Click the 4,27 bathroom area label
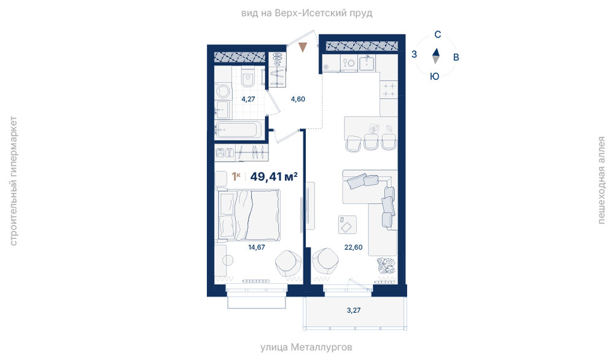click(x=248, y=99)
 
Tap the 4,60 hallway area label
click(x=298, y=99)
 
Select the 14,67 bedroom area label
click(x=257, y=247)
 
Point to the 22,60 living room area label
click(x=353, y=247)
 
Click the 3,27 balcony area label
click(x=354, y=310)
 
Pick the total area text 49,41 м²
click(x=274, y=177)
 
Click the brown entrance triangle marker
click(x=303, y=47)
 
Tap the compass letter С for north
click(x=438, y=34)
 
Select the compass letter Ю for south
click(x=435, y=76)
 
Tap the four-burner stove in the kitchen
click(x=389, y=90)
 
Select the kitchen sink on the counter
click(x=367, y=63)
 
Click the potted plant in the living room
click(x=386, y=265)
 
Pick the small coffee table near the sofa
click(x=348, y=225)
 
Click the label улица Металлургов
click(x=306, y=347)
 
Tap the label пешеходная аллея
click(x=601, y=180)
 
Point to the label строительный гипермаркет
click(x=13, y=181)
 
